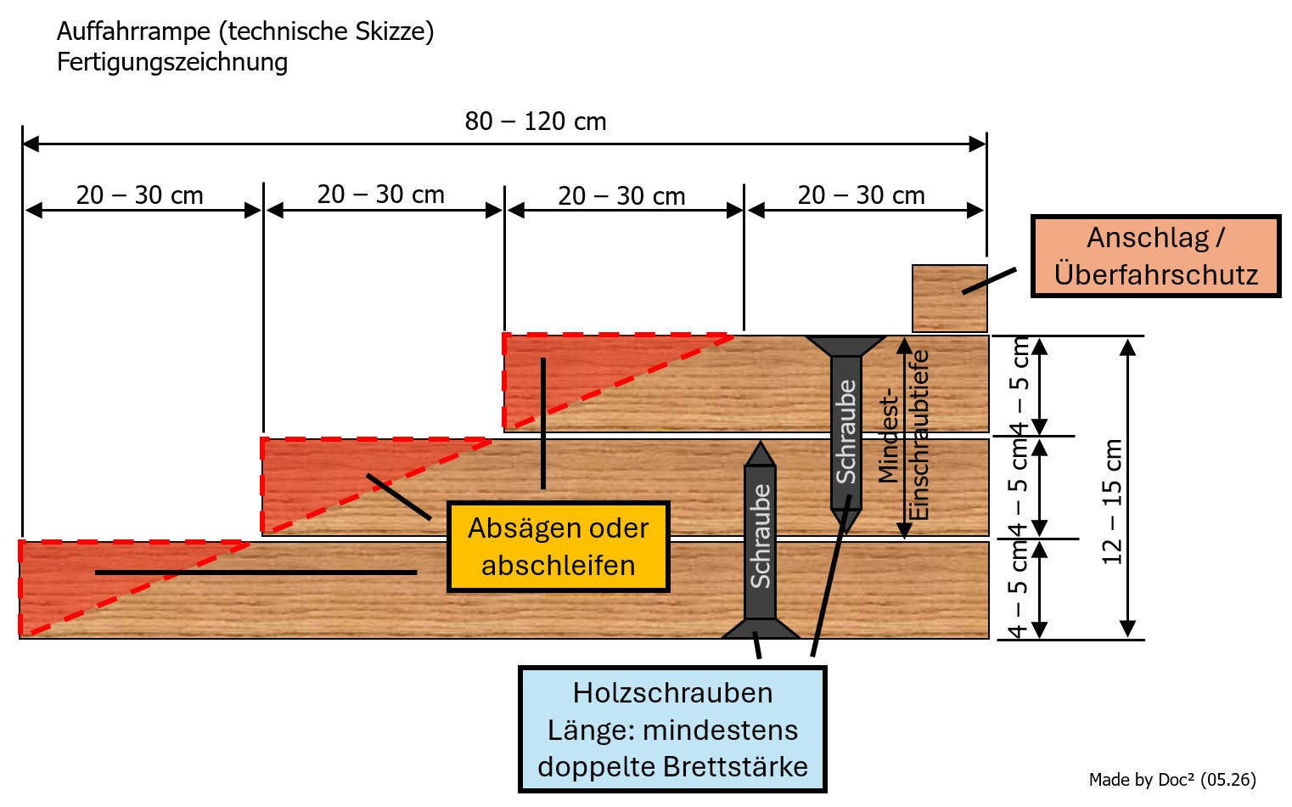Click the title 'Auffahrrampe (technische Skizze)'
pyautogui.click(x=245, y=31)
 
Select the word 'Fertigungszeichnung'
pyautogui.click(x=171, y=62)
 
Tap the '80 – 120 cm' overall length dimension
pyautogui.click(x=536, y=121)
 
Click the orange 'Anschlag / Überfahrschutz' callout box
pyautogui.click(x=1155, y=257)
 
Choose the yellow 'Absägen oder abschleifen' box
pyautogui.click(x=558, y=547)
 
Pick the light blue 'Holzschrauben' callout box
pyautogui.click(x=672, y=729)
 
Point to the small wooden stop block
pyautogui.click(x=949, y=298)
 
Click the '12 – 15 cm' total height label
pyautogui.click(x=1112, y=502)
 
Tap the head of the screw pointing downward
pyautogui.click(x=845, y=345)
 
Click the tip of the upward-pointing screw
pyautogui.click(x=761, y=443)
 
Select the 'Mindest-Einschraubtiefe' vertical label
pyautogui.click(x=904, y=437)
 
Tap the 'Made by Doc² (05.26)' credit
pyautogui.click(x=1172, y=780)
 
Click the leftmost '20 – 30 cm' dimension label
pyautogui.click(x=139, y=195)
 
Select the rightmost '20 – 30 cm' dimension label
pyautogui.click(x=861, y=195)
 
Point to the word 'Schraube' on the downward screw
pyautogui.click(x=846, y=432)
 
